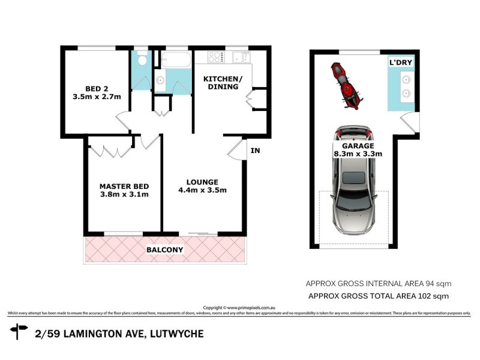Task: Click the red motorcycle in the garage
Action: tap(344, 85)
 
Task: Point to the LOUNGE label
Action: tap(202, 182)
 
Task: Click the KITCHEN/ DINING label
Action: tap(221, 82)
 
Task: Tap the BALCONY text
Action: tap(164, 249)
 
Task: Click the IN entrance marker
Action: tap(255, 151)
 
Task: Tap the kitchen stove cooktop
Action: tap(215, 58)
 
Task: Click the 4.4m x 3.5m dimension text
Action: tap(202, 191)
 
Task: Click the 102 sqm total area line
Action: tap(379, 296)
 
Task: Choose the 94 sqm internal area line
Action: tap(379, 283)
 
